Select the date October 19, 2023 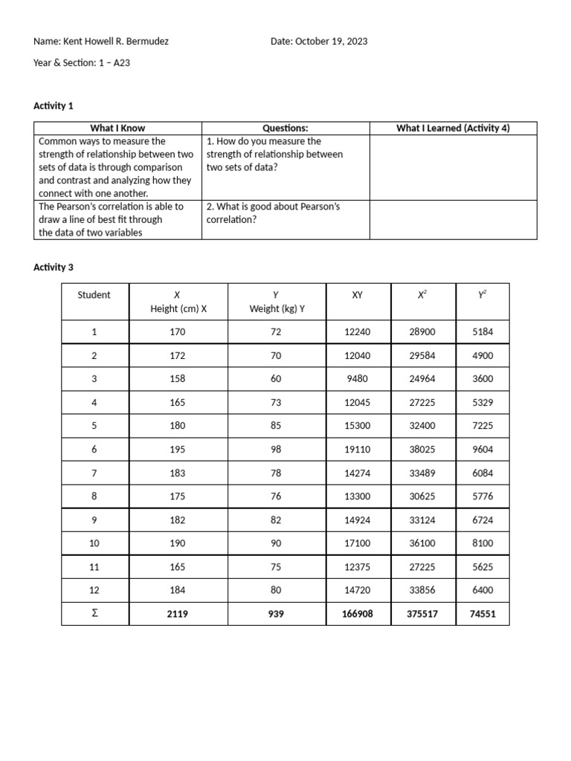tap(331, 42)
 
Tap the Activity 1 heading tap(54, 106)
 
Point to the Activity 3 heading tap(54, 268)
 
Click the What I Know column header tap(117, 129)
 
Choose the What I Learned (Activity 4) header tap(453, 129)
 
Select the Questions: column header tap(285, 129)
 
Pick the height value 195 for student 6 tap(178, 450)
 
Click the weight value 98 tap(276, 450)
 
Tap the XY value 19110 tap(357, 450)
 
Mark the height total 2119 tap(178, 614)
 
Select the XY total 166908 tap(357, 614)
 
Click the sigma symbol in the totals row tap(94, 613)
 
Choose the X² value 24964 tap(422, 379)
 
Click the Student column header tap(94, 295)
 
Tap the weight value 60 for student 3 tap(276, 379)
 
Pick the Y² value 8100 tap(483, 543)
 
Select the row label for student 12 tap(94, 590)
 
